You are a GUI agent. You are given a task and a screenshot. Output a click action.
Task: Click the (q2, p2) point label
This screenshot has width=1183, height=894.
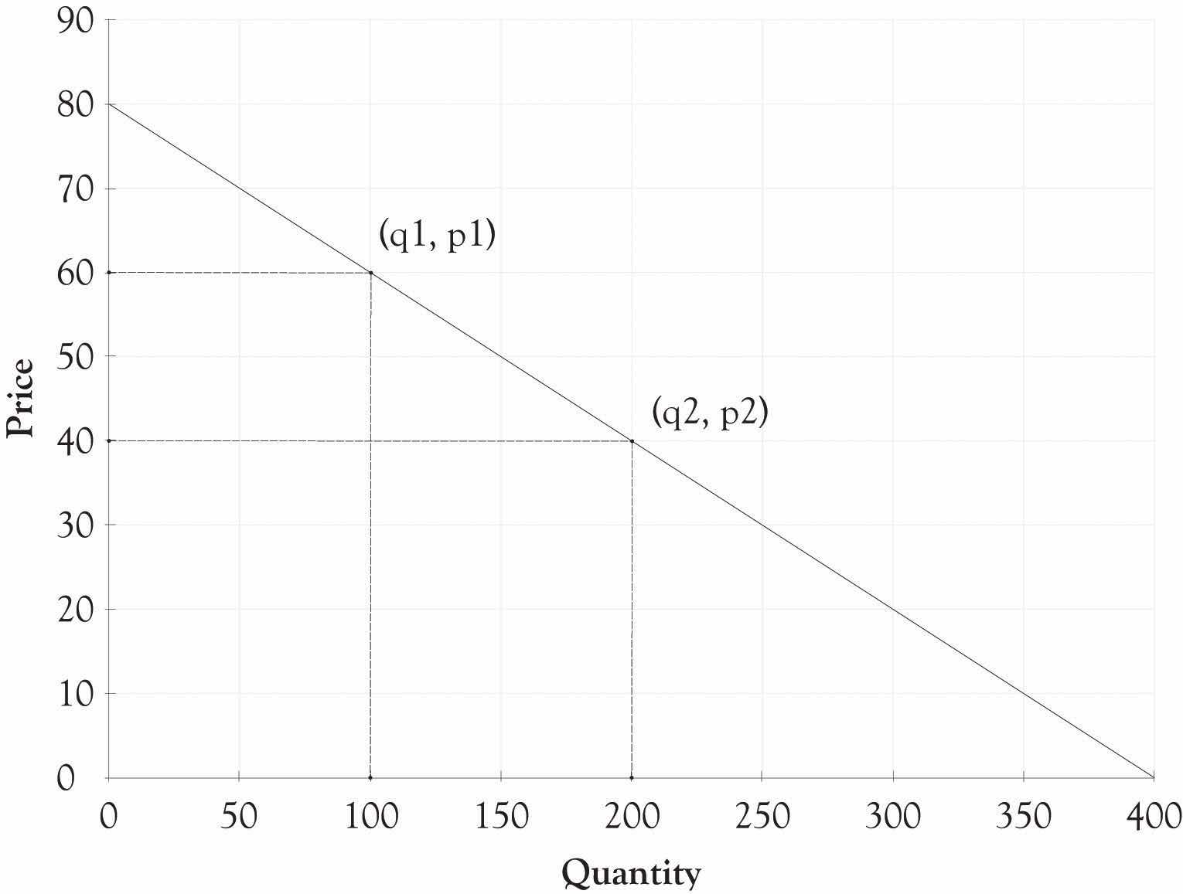point(709,414)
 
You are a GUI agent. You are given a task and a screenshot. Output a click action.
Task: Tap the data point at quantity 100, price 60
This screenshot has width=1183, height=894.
point(371,272)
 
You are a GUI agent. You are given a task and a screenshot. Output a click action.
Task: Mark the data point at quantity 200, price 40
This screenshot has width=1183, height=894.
point(632,441)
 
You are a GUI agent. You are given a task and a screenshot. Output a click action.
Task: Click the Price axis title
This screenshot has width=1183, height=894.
point(20,397)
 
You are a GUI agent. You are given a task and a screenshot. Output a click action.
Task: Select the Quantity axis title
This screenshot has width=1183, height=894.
point(631,873)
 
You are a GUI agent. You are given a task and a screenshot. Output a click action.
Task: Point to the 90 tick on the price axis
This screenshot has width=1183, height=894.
point(75,20)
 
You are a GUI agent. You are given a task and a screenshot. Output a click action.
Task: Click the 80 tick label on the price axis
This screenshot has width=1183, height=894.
point(75,104)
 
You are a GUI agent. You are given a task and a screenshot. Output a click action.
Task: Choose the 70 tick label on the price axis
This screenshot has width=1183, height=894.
point(75,189)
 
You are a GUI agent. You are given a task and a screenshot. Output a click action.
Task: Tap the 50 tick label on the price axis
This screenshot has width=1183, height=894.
point(75,356)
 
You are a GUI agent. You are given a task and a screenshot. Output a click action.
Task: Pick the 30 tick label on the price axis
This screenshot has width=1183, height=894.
point(75,525)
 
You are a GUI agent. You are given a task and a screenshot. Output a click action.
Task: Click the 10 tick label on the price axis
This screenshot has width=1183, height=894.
point(75,693)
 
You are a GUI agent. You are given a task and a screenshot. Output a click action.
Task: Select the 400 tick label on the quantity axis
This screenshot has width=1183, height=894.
point(1154,816)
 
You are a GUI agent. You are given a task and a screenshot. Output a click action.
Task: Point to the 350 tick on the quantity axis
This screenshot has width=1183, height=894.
point(1023,816)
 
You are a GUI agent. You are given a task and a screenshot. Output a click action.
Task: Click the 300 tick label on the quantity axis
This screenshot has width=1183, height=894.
point(892,816)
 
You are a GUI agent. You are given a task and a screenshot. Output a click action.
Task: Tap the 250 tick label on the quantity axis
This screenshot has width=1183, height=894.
point(762,816)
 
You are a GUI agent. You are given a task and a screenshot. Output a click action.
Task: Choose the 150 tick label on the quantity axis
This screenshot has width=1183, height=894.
point(501,816)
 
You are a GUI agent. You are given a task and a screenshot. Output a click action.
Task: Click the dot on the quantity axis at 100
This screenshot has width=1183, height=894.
point(370,777)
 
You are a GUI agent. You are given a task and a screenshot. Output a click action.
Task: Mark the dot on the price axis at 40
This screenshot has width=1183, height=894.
point(109,440)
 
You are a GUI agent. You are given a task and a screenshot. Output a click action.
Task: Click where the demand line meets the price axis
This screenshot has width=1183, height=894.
point(109,104)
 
